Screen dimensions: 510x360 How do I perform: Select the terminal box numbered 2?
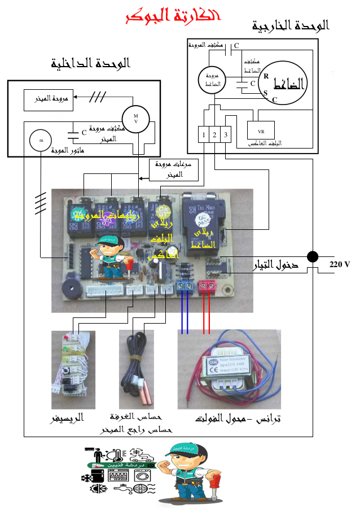click(215, 134)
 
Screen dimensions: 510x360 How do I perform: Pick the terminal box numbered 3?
click(226, 134)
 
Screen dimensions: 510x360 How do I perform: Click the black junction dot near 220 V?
click(311, 257)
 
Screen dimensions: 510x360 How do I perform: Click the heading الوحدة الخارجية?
click(291, 25)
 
